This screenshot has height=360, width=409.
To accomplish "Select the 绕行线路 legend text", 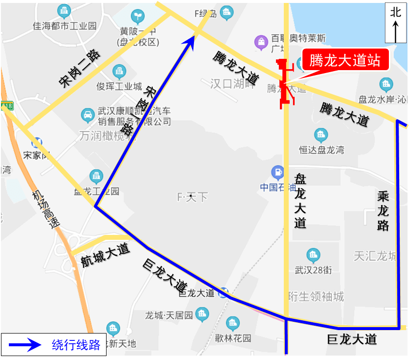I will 76,345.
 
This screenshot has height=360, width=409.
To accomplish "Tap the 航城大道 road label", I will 105,255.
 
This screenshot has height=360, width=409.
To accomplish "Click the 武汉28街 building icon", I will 313,255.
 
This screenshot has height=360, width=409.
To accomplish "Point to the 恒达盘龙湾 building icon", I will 321,134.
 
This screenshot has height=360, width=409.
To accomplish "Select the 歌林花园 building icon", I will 233,323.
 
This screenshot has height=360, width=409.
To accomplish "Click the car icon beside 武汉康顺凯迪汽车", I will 87,116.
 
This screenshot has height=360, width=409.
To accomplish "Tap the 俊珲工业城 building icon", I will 119,72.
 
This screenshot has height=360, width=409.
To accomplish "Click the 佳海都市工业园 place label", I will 64,26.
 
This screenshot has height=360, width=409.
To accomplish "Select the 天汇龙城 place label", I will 375,257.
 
